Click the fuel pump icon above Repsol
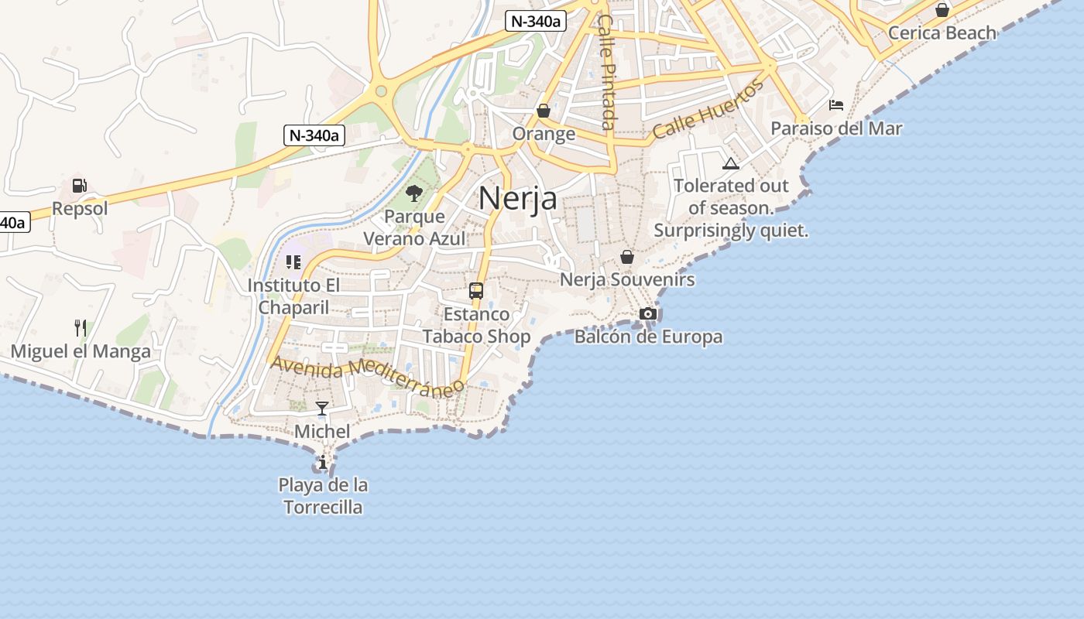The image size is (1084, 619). pyautogui.click(x=79, y=186)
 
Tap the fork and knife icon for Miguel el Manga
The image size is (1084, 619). pyautogui.click(x=80, y=328)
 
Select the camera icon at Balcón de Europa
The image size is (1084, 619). pyautogui.click(x=648, y=313)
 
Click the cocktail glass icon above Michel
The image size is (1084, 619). pyautogui.click(x=322, y=408)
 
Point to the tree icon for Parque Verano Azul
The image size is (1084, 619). pyautogui.click(x=414, y=193)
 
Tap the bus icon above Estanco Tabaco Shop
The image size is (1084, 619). pyautogui.click(x=476, y=291)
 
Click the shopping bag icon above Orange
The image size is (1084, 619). pyautogui.click(x=544, y=111)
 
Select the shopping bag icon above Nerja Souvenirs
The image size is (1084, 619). pyautogui.click(x=627, y=256)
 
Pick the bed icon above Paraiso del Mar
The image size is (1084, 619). pyautogui.click(x=836, y=104)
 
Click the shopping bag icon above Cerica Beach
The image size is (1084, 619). pyautogui.click(x=942, y=10)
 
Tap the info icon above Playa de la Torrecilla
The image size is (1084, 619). pyautogui.click(x=323, y=463)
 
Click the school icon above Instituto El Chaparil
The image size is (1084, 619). pyautogui.click(x=293, y=262)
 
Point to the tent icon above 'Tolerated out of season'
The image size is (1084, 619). pyautogui.click(x=730, y=163)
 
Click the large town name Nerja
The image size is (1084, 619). pyautogui.click(x=517, y=198)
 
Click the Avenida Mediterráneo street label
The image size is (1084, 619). pyautogui.click(x=367, y=374)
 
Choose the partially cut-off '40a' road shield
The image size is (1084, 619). pyautogui.click(x=13, y=223)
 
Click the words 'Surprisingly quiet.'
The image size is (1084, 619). pyautogui.click(x=731, y=231)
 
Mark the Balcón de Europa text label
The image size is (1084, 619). pyautogui.click(x=648, y=337)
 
